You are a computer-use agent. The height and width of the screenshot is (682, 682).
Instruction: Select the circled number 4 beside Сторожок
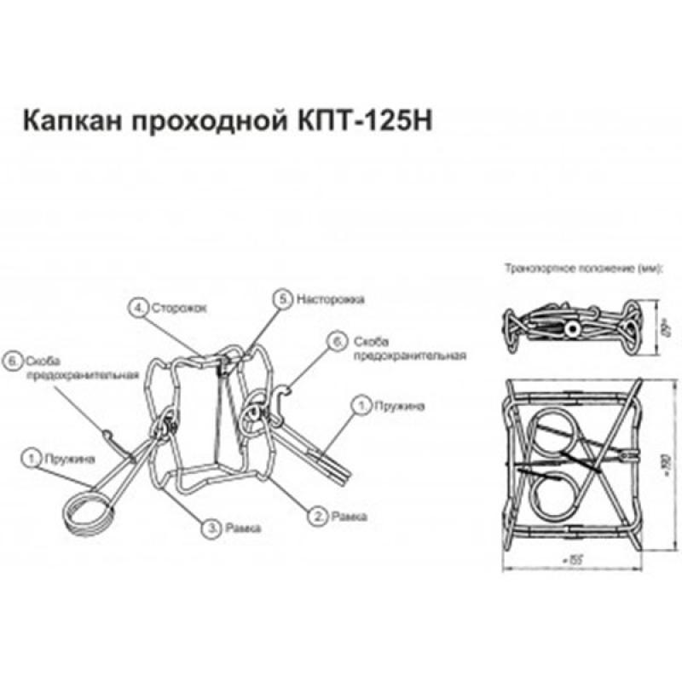136,304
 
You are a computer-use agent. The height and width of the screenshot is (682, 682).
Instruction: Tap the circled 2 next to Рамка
317,515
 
